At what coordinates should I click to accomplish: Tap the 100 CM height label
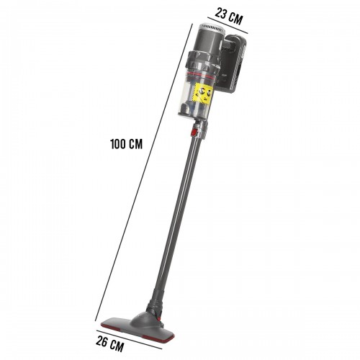coord(126,143)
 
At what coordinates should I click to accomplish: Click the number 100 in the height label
coord(118,143)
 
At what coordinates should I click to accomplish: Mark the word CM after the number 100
coord(135,143)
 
